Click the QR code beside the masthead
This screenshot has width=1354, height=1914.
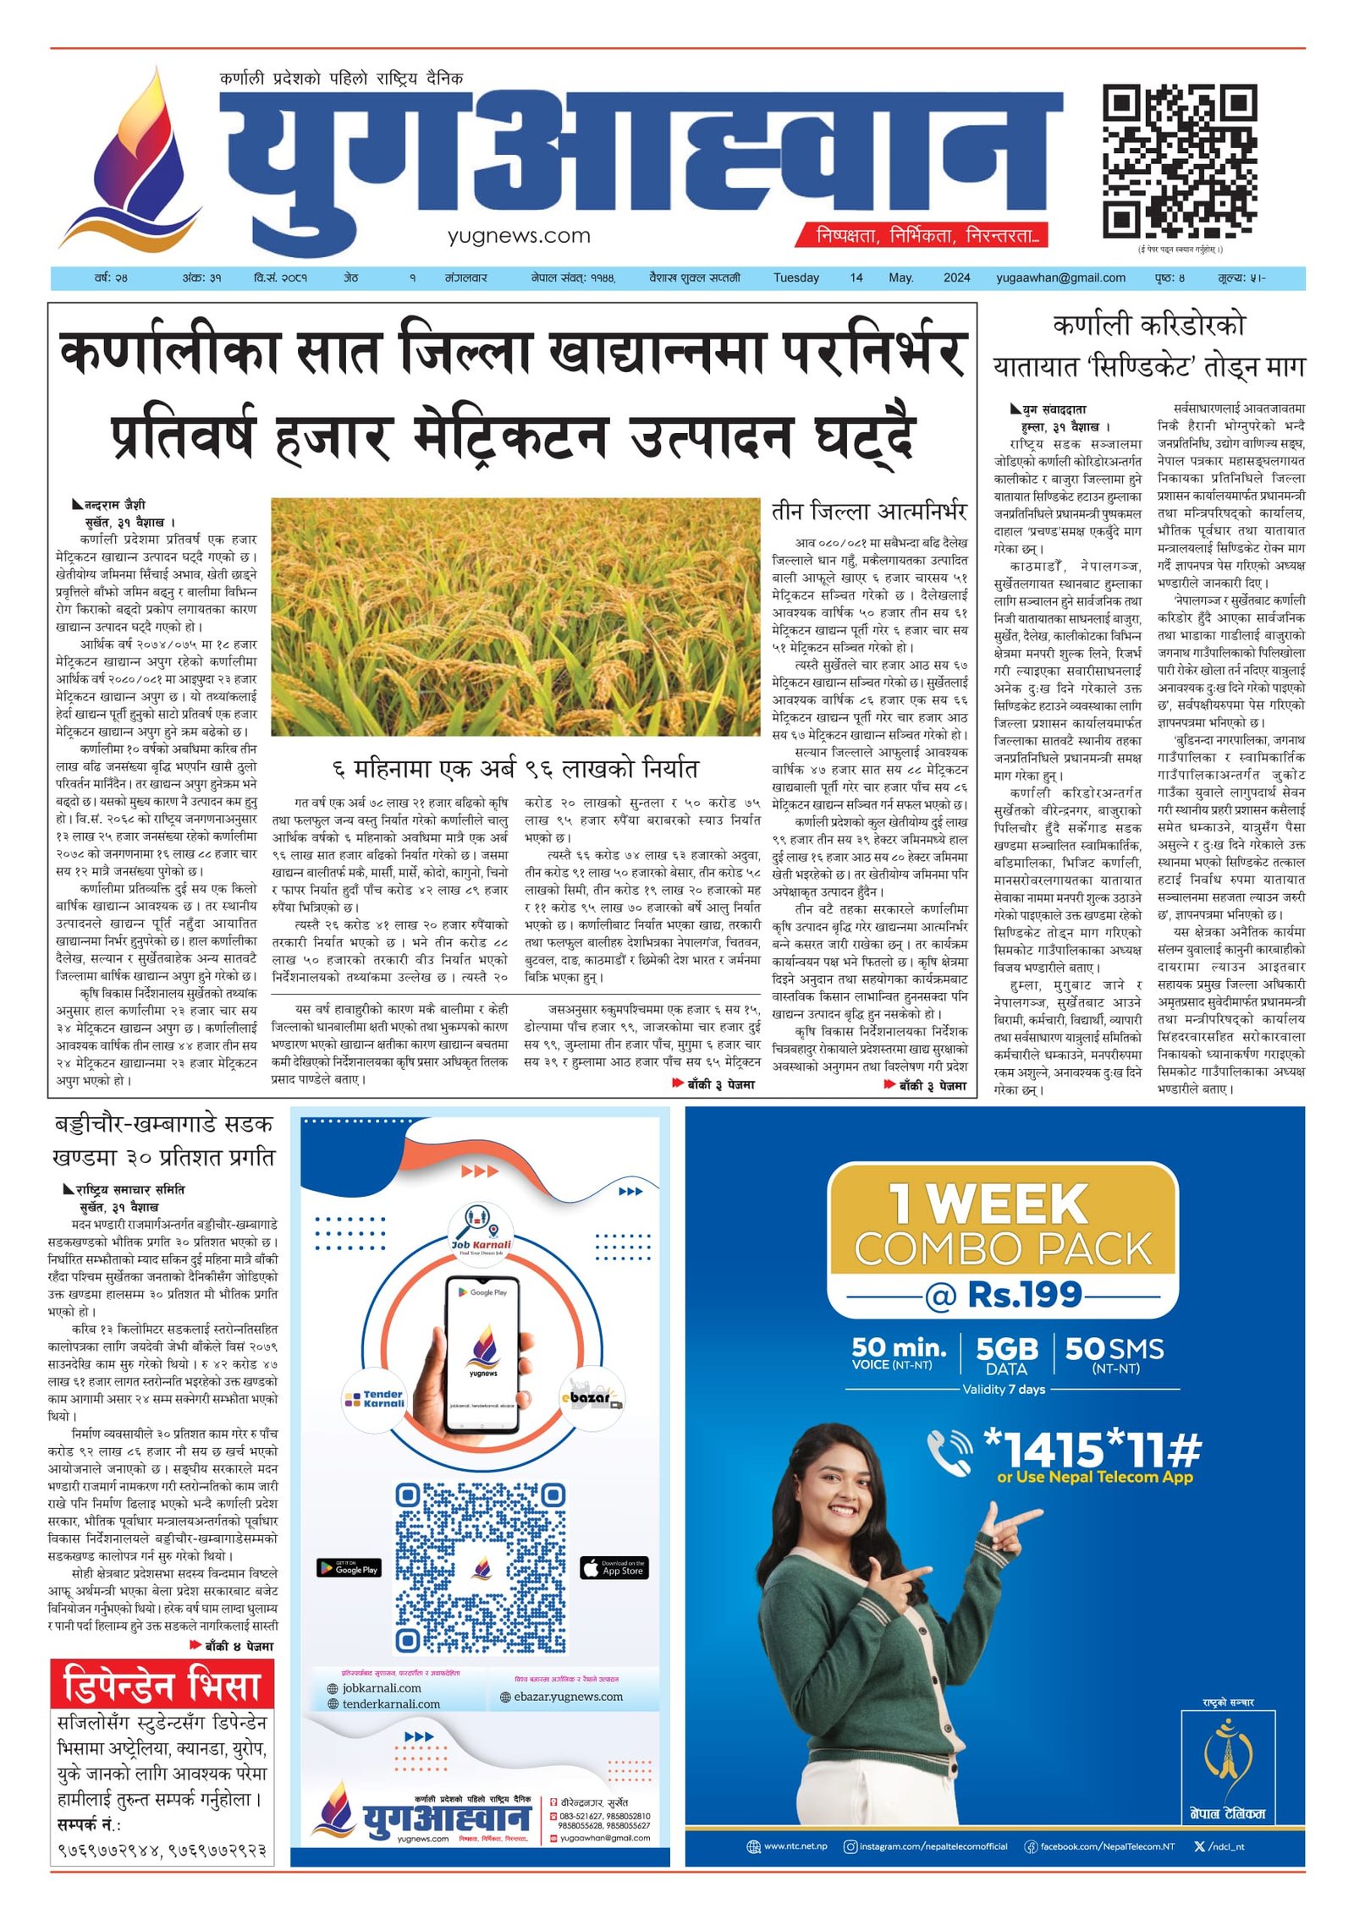(x=1179, y=161)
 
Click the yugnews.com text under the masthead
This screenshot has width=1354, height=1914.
(x=519, y=237)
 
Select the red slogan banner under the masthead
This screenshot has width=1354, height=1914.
(x=921, y=236)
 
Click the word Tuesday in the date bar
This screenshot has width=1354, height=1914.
(x=795, y=277)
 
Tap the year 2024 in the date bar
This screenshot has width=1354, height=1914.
(x=956, y=277)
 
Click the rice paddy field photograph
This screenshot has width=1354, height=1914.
(x=515, y=617)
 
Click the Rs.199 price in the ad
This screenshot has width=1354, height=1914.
(x=1024, y=1295)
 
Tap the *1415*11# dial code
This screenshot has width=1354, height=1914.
(x=1092, y=1450)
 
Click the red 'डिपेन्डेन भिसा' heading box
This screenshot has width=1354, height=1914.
(x=162, y=1685)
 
